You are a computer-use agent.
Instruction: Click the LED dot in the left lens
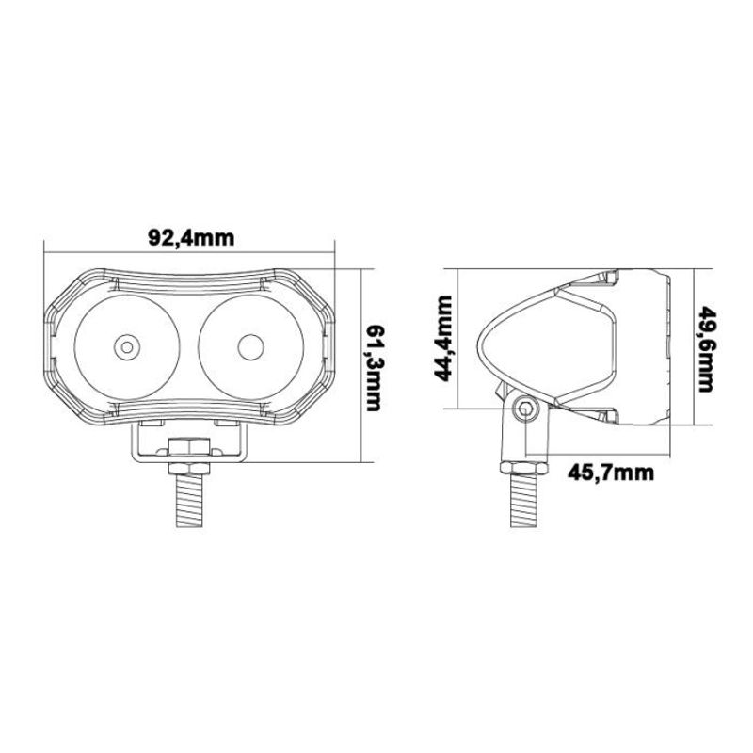point(126,347)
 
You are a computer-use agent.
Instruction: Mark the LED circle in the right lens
point(250,346)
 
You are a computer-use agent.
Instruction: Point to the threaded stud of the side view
point(524,504)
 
